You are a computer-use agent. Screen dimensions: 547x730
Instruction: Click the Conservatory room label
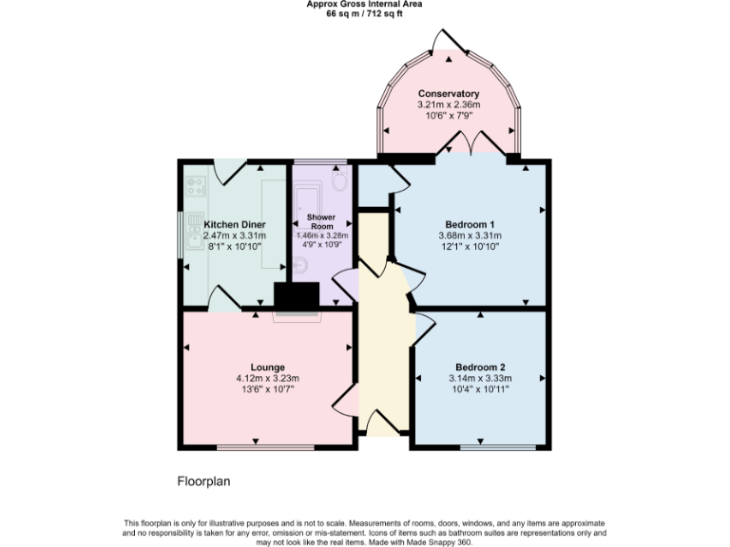pos(448,93)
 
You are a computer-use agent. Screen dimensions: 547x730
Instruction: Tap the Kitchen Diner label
pos(233,225)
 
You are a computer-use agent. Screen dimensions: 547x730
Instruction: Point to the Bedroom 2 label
pos(480,368)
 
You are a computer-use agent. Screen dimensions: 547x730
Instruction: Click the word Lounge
pos(267,368)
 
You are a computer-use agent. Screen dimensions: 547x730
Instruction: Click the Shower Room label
pos(321,221)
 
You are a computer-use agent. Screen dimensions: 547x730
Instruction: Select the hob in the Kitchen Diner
pos(197,186)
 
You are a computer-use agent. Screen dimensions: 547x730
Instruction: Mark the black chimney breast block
pos(297,297)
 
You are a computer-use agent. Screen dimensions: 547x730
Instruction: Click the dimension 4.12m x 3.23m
pos(267,378)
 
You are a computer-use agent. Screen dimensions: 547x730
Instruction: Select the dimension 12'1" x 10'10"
pos(469,246)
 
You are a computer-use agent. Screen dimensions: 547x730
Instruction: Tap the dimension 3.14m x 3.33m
pos(480,378)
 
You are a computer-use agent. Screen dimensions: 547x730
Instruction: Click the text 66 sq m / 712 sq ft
pos(365,13)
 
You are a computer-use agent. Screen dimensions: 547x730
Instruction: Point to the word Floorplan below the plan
pos(203,481)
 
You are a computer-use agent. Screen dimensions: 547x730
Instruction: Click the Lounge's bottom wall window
pos(264,447)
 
